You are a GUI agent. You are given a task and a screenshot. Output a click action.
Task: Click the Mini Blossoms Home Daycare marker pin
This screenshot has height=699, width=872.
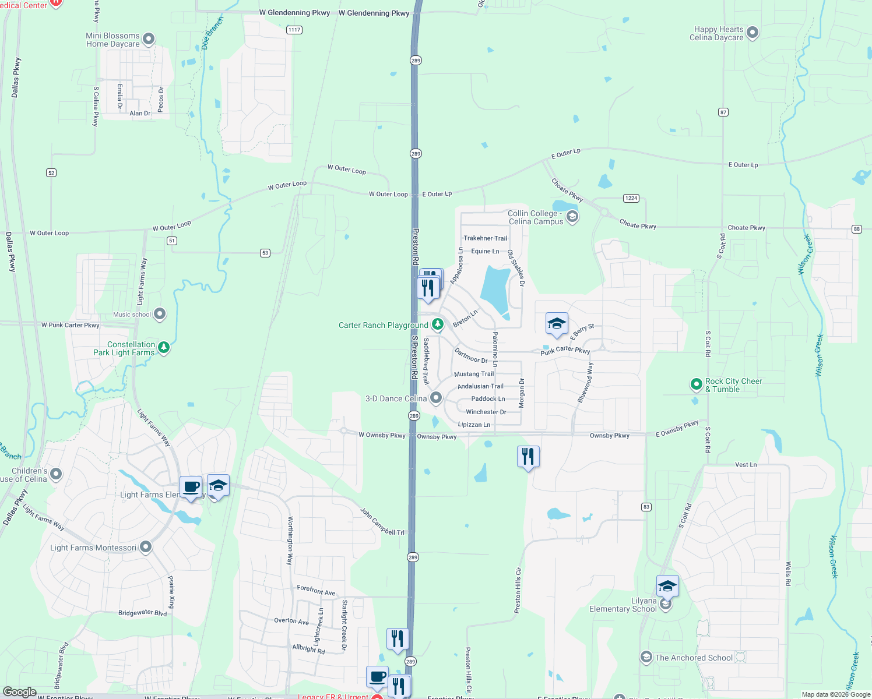[x=149, y=39]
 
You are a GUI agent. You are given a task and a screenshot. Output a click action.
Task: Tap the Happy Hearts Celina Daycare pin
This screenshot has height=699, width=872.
[x=753, y=33]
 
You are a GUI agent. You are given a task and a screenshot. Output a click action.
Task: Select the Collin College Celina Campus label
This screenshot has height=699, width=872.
[x=536, y=218]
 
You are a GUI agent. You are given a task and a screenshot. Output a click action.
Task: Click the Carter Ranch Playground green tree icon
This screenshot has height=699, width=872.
[x=437, y=324]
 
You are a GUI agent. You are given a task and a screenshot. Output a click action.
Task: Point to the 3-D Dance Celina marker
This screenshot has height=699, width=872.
[x=436, y=398]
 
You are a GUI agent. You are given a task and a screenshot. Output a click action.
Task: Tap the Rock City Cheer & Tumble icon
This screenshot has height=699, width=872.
[x=696, y=384]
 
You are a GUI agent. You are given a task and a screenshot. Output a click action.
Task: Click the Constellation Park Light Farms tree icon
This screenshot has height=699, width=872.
[x=164, y=348]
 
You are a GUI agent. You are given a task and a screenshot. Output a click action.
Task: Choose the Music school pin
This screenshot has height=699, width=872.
[x=160, y=314]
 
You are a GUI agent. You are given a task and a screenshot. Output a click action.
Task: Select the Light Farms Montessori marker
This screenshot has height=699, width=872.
[x=146, y=547]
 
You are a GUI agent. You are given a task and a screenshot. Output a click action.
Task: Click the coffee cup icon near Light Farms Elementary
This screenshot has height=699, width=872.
[x=191, y=487]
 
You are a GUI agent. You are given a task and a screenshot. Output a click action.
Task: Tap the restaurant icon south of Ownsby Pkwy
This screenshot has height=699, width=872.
[x=528, y=456]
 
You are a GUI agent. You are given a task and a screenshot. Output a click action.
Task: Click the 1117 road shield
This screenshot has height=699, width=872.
[x=294, y=30]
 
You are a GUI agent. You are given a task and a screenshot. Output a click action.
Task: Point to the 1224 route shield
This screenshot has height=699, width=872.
[x=631, y=198]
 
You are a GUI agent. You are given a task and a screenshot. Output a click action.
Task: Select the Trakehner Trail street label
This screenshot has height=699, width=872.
[x=485, y=238]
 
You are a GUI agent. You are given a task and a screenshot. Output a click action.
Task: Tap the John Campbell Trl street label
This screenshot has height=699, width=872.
[x=382, y=522]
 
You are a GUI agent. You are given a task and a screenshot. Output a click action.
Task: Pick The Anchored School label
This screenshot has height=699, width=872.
[x=694, y=658]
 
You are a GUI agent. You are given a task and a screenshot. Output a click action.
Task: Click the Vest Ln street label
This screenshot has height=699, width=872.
[x=746, y=465]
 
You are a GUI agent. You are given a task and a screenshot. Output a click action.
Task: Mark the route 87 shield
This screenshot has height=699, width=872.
[x=723, y=112]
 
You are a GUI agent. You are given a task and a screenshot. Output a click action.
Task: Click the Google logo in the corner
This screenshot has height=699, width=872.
[x=20, y=692]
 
